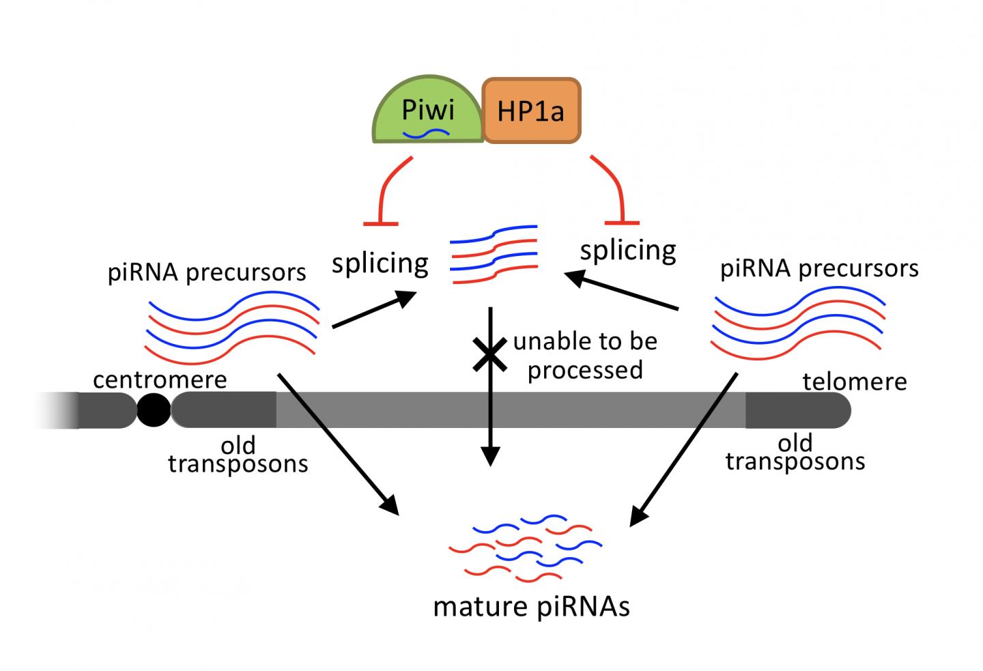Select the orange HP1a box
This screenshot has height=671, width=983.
(x=531, y=111)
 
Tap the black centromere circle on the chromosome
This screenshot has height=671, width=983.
(x=154, y=410)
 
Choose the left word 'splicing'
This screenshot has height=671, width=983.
(x=380, y=263)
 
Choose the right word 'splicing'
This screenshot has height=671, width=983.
(x=628, y=251)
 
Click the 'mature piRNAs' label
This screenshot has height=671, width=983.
(x=531, y=606)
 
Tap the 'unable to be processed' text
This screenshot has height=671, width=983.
(x=585, y=355)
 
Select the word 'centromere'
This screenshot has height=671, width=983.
(x=160, y=379)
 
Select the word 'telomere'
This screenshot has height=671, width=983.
(x=855, y=381)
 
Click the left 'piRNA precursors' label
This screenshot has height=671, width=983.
(x=207, y=272)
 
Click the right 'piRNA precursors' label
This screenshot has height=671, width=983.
(x=819, y=268)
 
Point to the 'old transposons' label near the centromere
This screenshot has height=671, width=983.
(x=238, y=455)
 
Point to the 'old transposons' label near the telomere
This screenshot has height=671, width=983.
(x=795, y=453)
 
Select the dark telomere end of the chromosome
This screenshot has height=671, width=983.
(x=797, y=410)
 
